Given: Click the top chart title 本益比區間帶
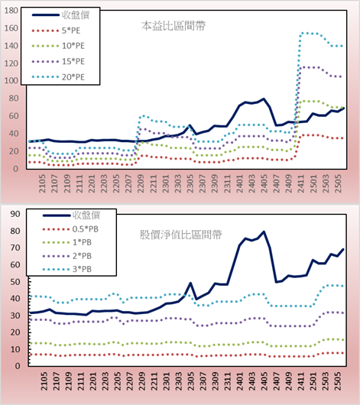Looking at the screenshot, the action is click(174, 26).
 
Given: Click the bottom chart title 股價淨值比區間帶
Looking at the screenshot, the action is click(180, 235).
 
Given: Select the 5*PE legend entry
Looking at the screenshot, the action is click(56, 31).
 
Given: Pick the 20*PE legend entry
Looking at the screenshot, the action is click(58, 77).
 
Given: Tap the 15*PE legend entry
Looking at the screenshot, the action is click(58, 61).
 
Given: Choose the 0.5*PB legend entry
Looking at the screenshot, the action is click(70, 229).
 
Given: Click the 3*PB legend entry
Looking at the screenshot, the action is click(67, 269).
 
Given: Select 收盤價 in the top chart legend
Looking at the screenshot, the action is click(60, 15).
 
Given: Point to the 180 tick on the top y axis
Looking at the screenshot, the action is click(11, 11).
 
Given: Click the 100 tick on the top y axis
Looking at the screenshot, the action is click(11, 80).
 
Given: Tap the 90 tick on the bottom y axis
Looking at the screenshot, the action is click(15, 214).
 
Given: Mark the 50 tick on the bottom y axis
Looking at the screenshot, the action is click(15, 281).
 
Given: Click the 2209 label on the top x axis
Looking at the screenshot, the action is click(141, 183).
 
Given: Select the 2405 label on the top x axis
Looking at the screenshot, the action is click(264, 183).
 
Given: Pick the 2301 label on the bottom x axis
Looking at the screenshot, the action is click(167, 381).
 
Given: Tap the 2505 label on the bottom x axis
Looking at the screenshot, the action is click(339, 381).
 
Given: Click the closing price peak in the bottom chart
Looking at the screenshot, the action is click(264, 232).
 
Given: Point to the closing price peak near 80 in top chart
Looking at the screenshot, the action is click(264, 99).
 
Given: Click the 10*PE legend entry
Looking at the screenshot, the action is click(58, 46).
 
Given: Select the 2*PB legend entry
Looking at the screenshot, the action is click(67, 256).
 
